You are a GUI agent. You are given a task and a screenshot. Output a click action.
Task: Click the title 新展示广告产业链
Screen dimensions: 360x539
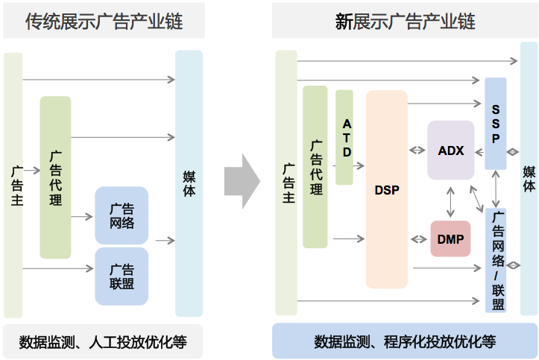[x=405, y=22]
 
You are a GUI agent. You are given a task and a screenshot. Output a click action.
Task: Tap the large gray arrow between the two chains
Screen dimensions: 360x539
[x=242, y=180]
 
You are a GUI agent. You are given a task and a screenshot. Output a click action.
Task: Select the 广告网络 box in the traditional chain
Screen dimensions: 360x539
[x=122, y=215]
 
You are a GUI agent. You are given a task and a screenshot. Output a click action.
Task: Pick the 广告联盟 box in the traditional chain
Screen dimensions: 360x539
[x=122, y=276]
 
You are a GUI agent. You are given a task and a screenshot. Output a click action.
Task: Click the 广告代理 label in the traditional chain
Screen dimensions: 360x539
[x=55, y=178]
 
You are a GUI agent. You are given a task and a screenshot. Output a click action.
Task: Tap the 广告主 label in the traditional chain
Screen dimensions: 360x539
[x=14, y=183]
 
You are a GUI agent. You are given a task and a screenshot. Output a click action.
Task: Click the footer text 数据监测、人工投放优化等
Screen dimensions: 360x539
[x=103, y=342]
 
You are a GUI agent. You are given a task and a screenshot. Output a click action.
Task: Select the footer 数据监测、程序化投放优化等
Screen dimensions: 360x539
[x=405, y=342]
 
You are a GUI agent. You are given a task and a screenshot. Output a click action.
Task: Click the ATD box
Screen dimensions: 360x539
[x=344, y=137]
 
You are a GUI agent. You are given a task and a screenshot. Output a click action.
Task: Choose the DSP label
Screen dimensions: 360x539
[x=387, y=189]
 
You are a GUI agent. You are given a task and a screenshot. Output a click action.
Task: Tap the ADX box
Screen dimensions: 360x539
[x=451, y=151]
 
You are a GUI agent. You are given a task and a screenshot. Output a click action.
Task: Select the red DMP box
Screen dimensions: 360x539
[x=450, y=239]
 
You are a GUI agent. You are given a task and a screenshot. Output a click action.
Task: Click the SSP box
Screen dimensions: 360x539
[x=496, y=124]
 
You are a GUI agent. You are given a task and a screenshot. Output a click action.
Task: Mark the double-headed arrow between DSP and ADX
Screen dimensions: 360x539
[x=417, y=151]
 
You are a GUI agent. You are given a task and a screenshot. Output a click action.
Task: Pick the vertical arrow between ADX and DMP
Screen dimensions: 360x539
[x=450, y=200]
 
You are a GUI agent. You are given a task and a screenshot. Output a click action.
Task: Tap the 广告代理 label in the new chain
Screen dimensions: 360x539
[x=315, y=167]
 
